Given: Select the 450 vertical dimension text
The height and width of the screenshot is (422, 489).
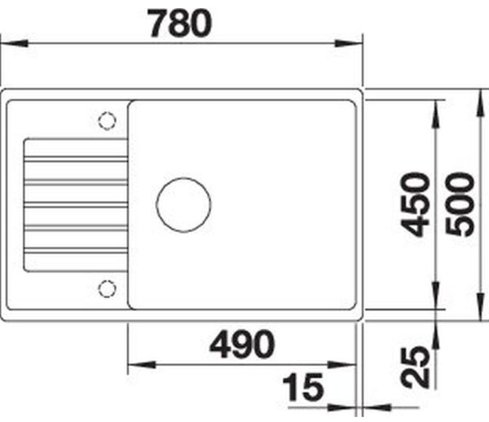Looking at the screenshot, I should click(x=417, y=204).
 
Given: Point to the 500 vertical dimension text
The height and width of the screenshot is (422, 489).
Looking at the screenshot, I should click(x=463, y=204).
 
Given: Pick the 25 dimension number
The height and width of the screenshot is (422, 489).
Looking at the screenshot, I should click(x=417, y=367).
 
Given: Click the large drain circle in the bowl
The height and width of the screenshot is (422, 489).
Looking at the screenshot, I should click(x=183, y=204).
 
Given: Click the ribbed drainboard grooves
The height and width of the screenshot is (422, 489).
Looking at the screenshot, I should click(x=75, y=204).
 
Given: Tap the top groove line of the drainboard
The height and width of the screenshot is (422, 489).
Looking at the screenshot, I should click(x=75, y=156).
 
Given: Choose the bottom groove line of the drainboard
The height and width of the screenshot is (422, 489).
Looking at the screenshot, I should click(x=75, y=249).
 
